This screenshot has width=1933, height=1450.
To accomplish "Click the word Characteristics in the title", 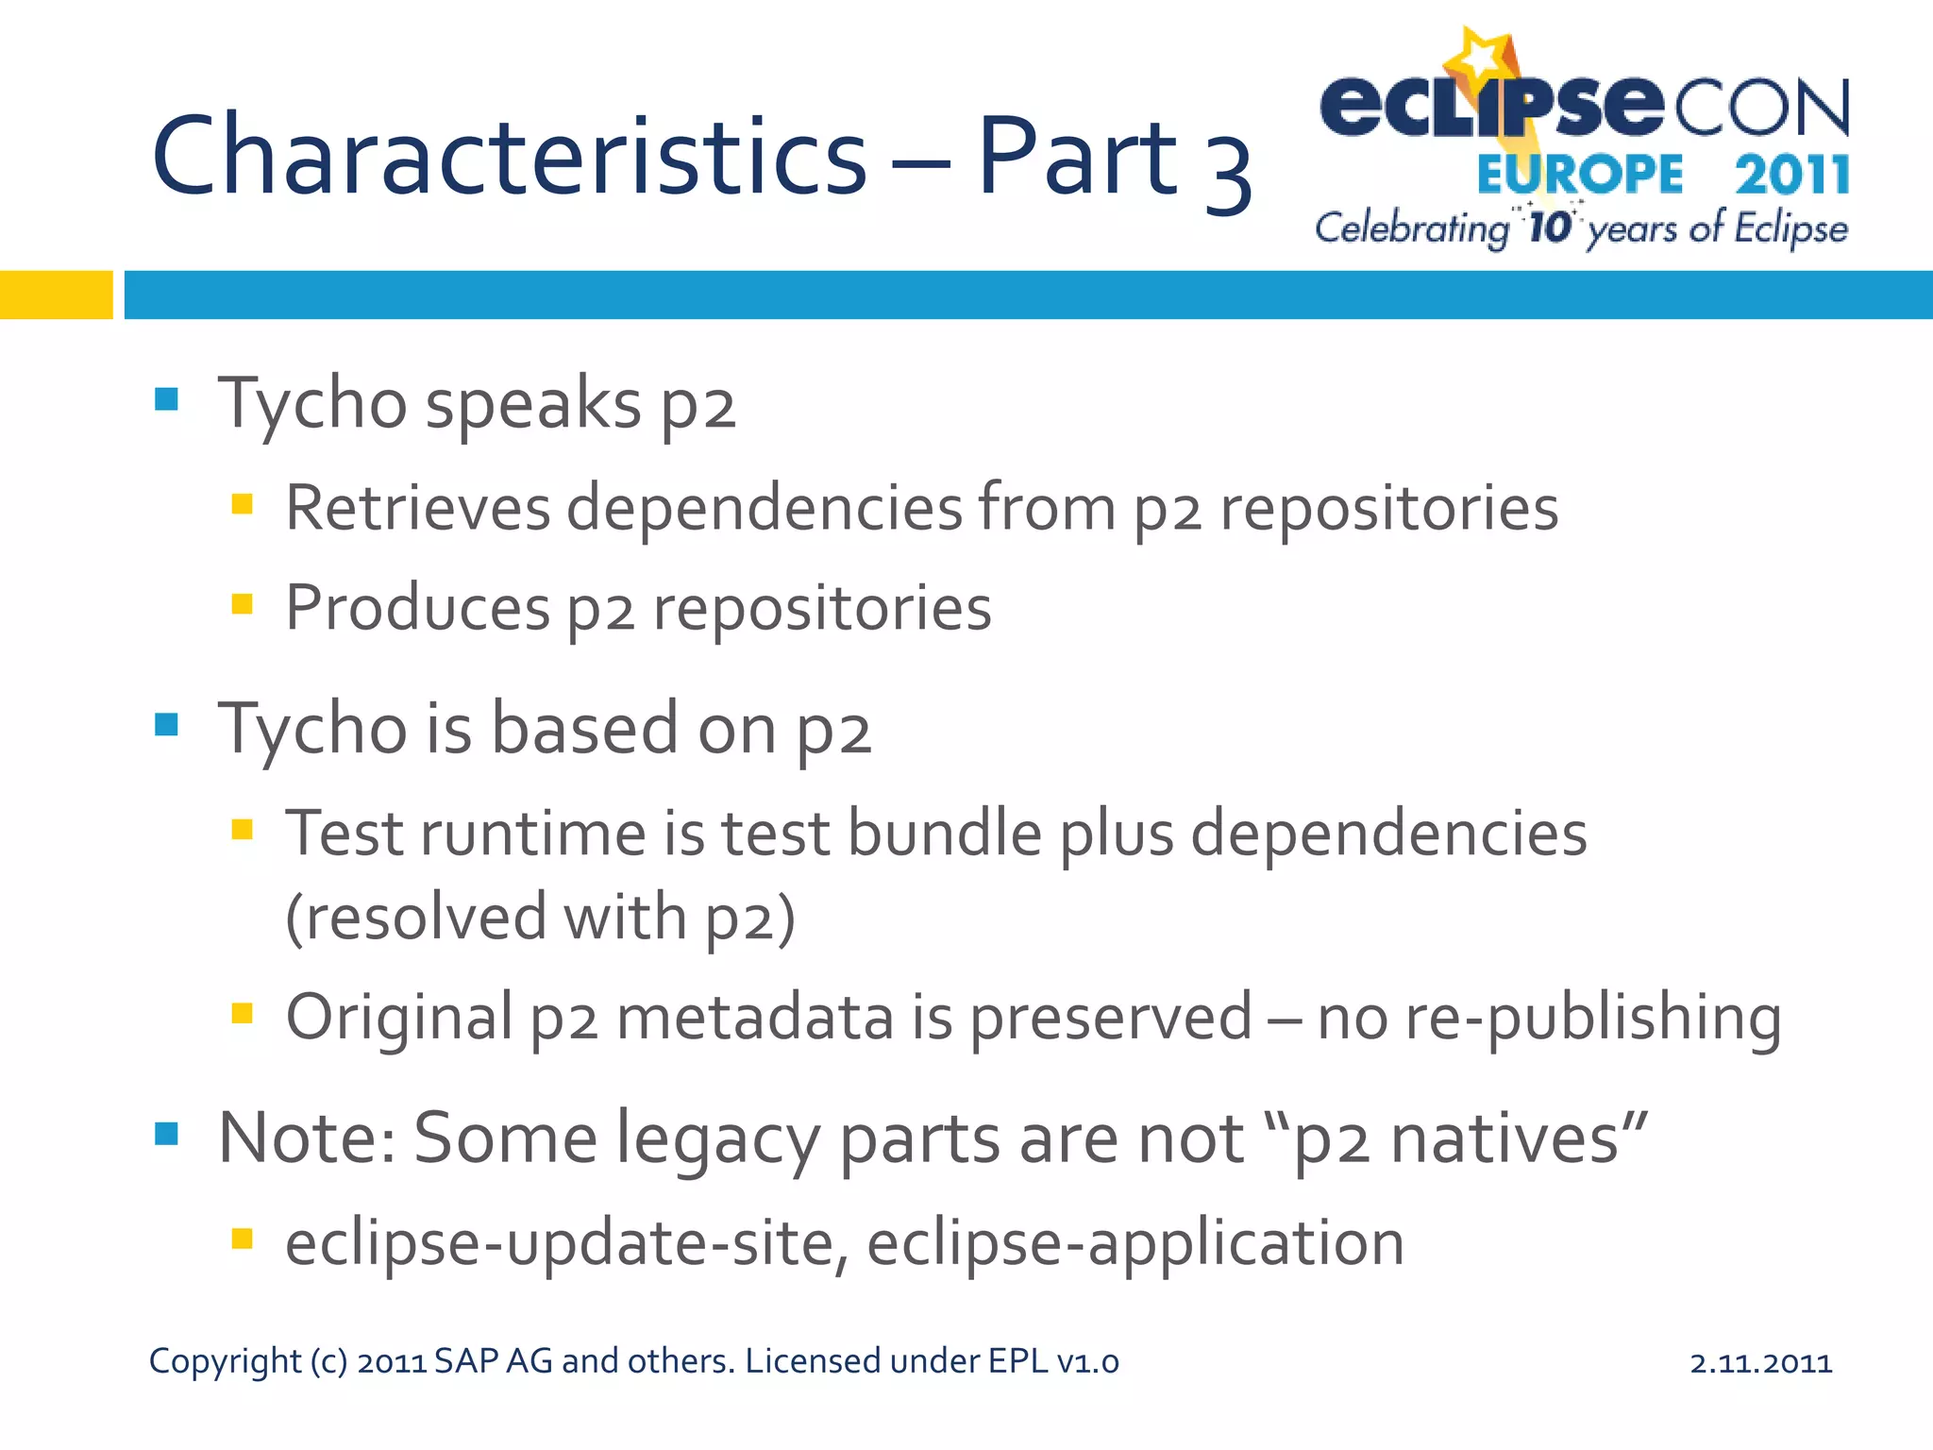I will (508, 156).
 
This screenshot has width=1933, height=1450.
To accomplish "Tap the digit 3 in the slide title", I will (1227, 170).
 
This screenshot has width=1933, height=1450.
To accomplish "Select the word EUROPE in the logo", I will (1580, 176).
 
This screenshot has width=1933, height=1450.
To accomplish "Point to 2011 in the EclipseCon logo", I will (1791, 176).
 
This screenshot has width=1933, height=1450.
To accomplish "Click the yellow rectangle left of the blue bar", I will (56, 295).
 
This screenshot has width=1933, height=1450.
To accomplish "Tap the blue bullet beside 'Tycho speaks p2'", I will (166, 399).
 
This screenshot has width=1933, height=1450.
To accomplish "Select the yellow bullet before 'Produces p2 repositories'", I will (243, 603).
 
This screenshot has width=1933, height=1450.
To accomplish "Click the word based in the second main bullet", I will (585, 729).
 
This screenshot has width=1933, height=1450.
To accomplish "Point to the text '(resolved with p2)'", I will (540, 918).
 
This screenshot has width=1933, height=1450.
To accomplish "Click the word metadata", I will (754, 1018).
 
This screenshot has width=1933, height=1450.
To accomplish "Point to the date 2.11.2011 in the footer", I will (1760, 1362).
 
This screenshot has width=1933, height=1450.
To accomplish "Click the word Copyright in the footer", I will (225, 1362).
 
